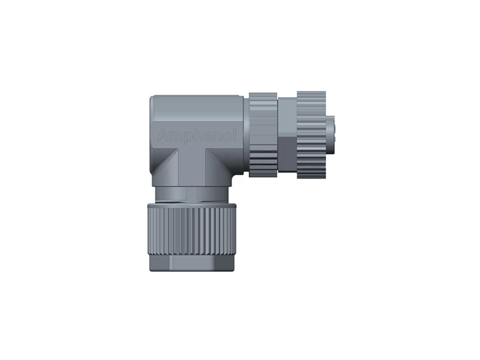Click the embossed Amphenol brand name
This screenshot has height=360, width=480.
pyautogui.click(x=197, y=137)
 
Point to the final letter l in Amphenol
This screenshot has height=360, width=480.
pyautogui.click(x=235, y=136)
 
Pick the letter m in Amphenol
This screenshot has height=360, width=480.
pyautogui.click(x=173, y=137)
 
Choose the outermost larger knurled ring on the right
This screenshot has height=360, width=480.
pyautogui.click(x=311, y=134)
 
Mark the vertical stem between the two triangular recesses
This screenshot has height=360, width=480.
pyautogui.click(x=192, y=168)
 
